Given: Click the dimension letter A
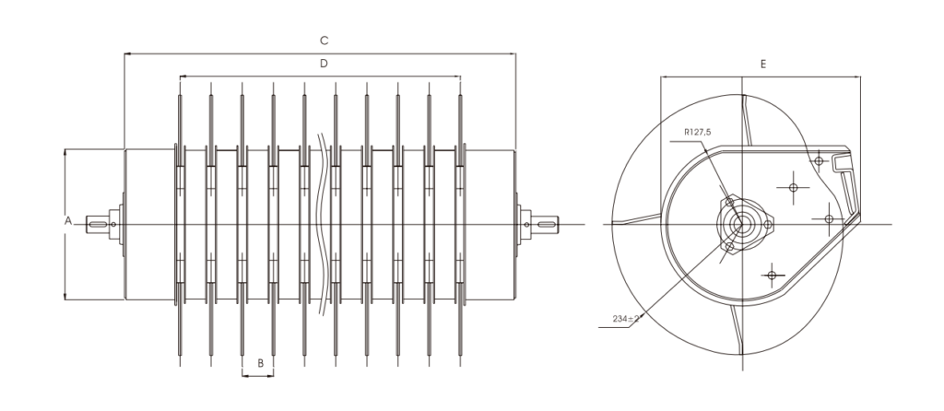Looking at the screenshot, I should (67, 221).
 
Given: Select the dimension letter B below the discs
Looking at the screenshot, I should (260, 363).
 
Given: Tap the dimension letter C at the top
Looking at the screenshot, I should (324, 41).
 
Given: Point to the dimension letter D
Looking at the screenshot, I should (324, 64).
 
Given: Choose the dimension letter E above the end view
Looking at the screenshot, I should (763, 65).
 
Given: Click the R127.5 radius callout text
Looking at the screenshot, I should (698, 133).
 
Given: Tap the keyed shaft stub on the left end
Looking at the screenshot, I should (98, 221).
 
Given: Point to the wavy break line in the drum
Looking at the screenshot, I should (323, 221).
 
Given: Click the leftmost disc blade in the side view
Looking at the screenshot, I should (180, 221).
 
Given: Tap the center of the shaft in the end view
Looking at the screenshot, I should (738, 224).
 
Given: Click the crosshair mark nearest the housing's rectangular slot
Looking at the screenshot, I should (817, 162).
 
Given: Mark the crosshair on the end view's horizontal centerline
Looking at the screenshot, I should (828, 219).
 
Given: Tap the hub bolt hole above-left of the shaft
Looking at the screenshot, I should (728, 201).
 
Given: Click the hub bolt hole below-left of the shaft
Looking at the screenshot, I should (728, 247).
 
